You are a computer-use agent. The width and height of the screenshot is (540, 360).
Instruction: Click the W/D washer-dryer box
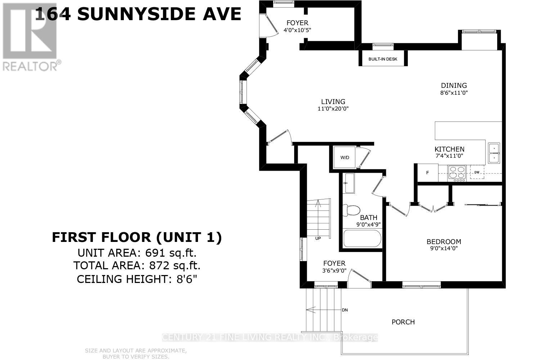pos(345,157)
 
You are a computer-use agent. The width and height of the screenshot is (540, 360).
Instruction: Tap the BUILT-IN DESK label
pos(383,59)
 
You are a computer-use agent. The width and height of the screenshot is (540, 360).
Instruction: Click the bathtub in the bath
pos(362,239)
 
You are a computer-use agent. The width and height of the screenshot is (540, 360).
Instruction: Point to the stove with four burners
pos(457,173)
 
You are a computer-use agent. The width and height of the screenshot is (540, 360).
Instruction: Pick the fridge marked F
pos(428,173)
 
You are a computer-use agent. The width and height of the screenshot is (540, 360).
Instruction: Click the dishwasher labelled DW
pos(477,172)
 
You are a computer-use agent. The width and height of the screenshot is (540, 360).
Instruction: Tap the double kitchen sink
pos(494,153)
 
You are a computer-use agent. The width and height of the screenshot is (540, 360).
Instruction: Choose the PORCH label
pos(403,322)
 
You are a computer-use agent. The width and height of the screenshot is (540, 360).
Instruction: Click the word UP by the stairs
pos(318,238)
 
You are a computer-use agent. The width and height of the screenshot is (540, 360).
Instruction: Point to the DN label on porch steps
pos(345,310)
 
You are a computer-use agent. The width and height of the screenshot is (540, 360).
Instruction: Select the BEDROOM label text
pos(444,242)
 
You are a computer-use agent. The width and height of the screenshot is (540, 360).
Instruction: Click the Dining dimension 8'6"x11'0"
pos(454,93)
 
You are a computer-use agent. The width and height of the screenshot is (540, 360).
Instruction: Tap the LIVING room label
pos(333,102)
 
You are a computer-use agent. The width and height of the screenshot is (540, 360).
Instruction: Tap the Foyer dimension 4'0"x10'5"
pos(297,30)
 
